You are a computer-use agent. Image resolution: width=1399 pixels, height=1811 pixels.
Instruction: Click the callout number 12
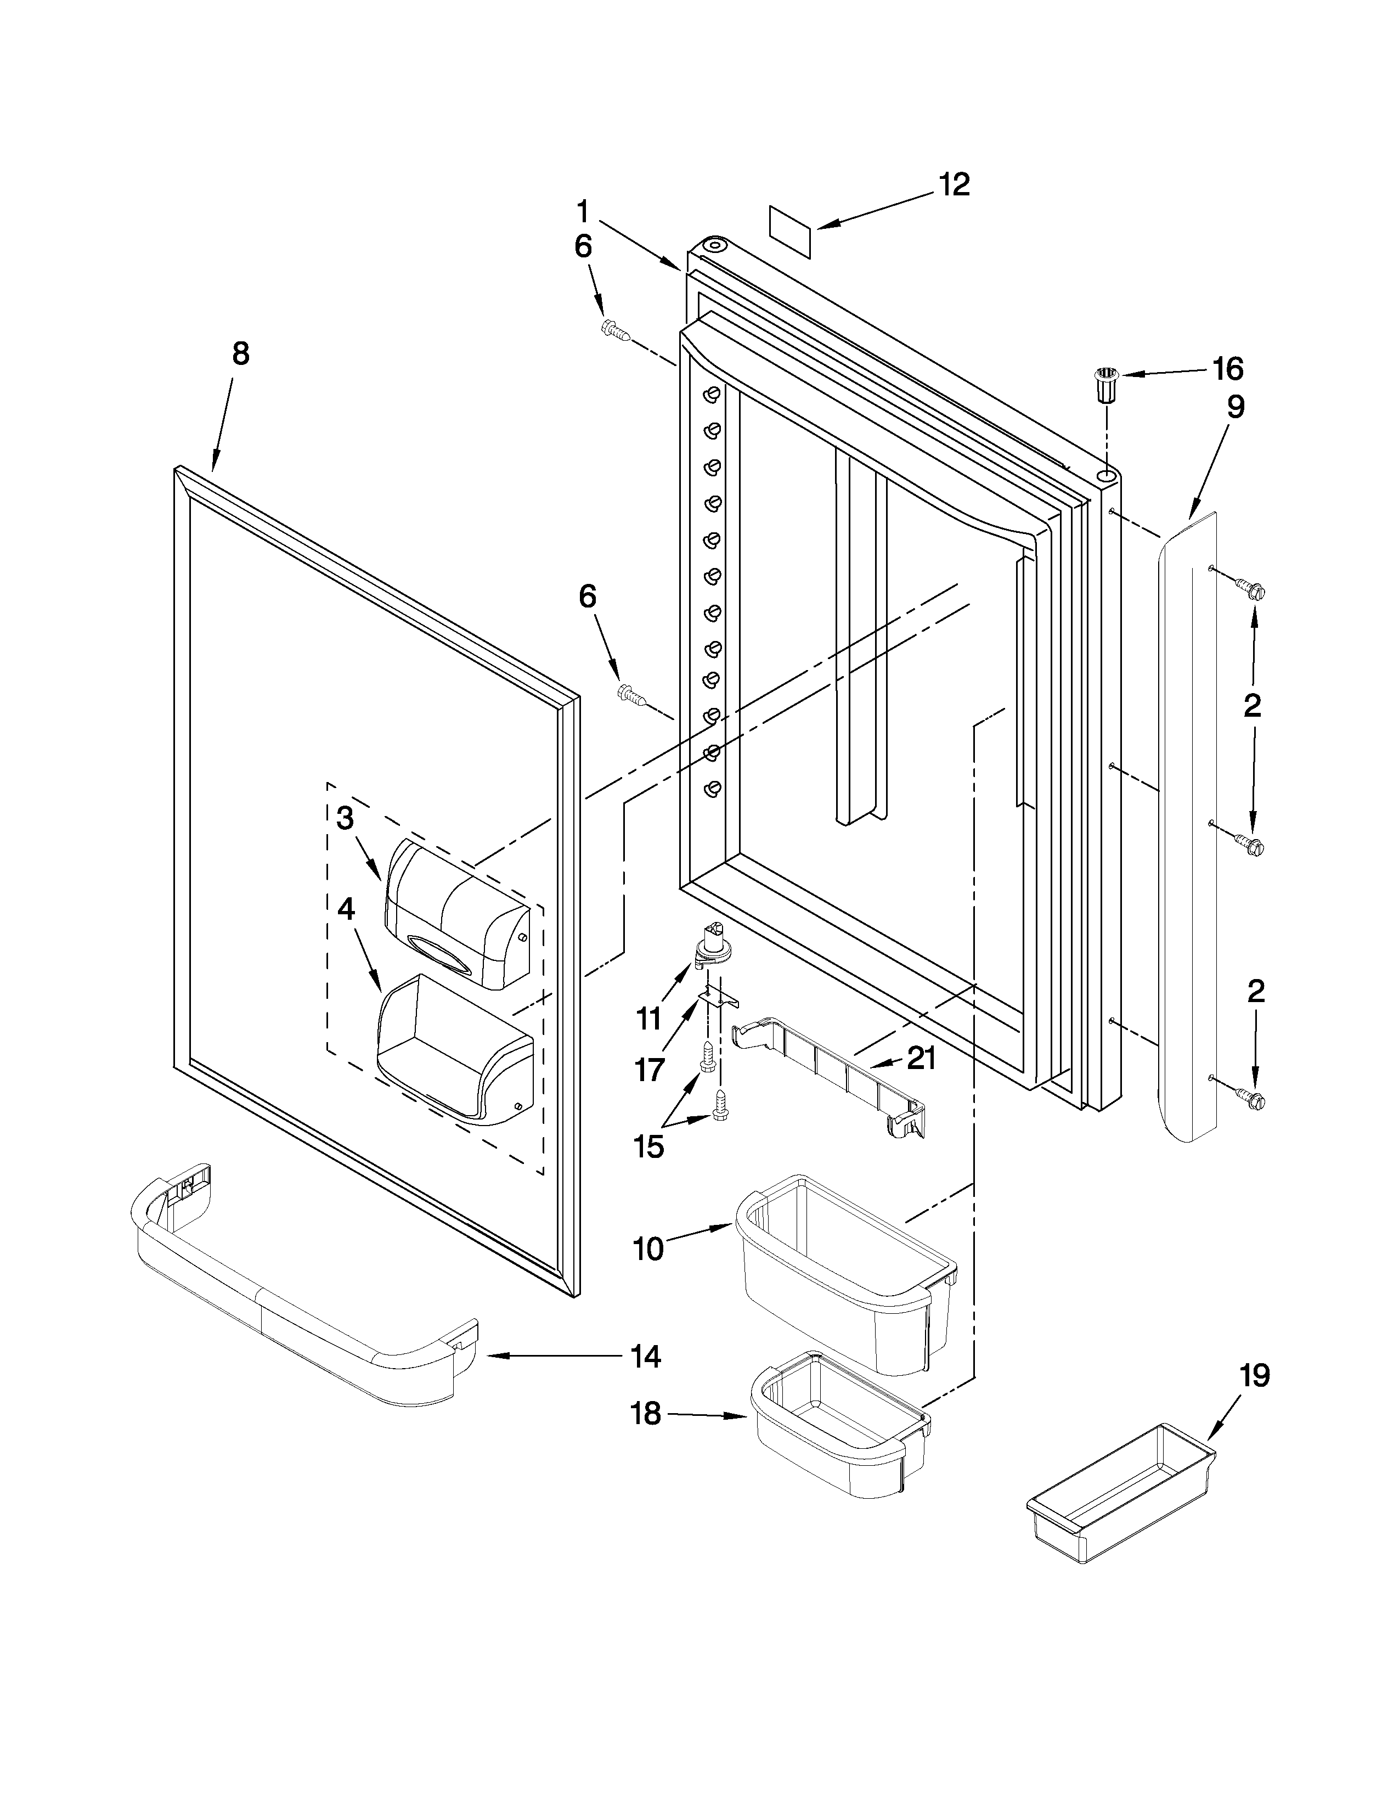pos(955,185)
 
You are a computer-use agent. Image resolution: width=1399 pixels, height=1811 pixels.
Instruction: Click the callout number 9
pos(1235,407)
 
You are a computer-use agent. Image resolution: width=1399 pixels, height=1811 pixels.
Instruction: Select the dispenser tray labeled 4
pos(452,1049)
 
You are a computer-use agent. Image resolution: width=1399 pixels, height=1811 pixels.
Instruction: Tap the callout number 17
pos(650,1070)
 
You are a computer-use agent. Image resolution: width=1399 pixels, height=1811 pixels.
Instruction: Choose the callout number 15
pos(649,1147)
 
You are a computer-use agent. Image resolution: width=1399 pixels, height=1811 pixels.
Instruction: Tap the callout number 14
pos(645,1357)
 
